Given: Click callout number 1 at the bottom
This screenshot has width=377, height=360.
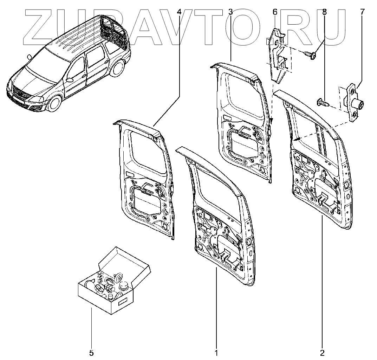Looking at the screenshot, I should point(216,352).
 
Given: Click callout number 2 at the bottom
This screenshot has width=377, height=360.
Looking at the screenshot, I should point(322,352).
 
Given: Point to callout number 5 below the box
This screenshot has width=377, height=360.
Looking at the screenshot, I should point(91,352).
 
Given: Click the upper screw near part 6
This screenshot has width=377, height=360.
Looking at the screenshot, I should point(310,54).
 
